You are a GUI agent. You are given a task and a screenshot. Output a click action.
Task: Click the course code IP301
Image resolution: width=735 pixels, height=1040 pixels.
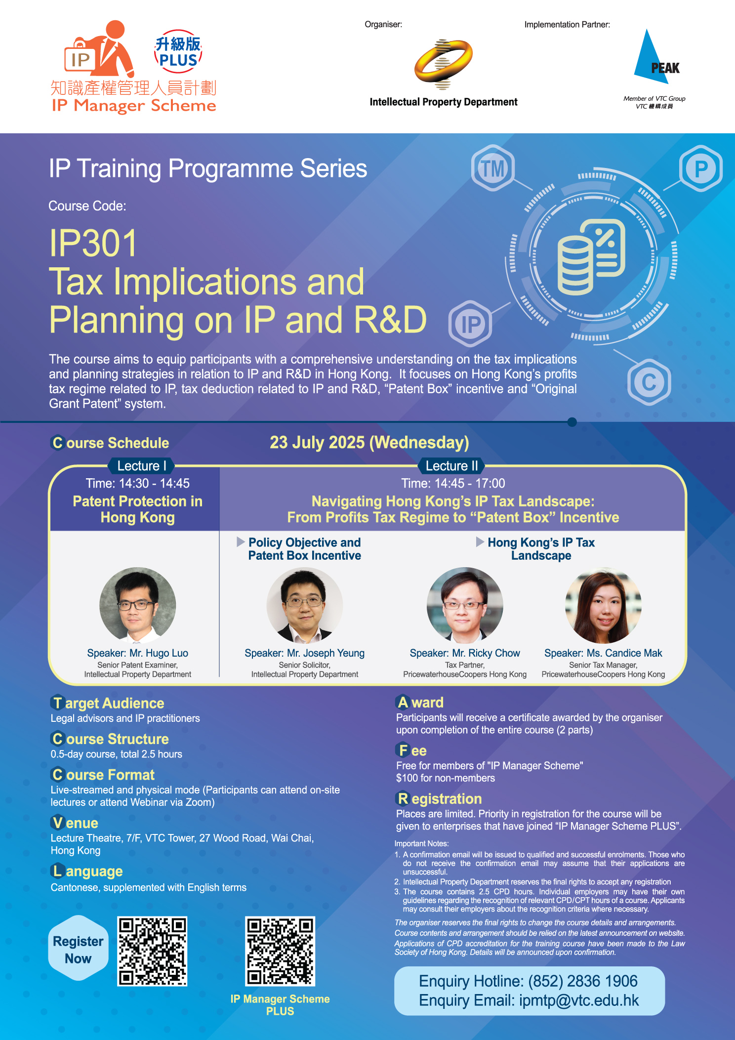pos(93,244)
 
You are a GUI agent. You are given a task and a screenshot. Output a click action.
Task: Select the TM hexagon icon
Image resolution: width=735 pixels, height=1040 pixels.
pos(493,168)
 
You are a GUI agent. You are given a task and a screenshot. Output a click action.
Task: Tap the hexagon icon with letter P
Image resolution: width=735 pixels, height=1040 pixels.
pos(701,168)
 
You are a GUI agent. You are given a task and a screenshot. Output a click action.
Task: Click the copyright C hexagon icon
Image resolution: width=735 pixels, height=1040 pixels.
pos(649,382)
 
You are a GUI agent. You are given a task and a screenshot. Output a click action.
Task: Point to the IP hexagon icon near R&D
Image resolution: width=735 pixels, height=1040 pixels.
pos(470,324)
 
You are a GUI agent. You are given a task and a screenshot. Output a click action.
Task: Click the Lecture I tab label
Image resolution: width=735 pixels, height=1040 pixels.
pos(138,466)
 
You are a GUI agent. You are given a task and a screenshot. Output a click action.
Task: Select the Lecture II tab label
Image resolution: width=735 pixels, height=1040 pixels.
pos(451,466)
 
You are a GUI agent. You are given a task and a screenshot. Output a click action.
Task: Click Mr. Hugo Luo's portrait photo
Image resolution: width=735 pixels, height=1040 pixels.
pos(138,605)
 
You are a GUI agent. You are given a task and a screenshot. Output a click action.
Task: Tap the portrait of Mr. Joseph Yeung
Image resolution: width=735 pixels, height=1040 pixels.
pos(305,605)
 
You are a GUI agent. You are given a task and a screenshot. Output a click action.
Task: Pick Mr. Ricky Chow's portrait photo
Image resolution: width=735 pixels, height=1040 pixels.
pos(465,605)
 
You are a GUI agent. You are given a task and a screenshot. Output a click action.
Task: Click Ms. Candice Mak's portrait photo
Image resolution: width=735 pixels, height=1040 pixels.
pos(603,605)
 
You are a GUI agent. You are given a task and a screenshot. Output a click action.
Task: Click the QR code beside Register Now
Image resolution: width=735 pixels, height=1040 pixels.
pos(152,952)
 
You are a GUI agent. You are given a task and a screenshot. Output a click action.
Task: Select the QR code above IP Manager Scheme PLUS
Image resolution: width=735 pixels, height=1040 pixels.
pos(280,952)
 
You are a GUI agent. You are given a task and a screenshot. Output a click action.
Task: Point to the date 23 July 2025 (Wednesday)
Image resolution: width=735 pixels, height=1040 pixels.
pos(369,442)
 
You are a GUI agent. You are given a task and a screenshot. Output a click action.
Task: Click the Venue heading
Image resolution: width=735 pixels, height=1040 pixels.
pos(75,823)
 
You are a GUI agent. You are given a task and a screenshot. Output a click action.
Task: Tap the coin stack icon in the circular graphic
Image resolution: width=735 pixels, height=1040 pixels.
pos(575,264)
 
